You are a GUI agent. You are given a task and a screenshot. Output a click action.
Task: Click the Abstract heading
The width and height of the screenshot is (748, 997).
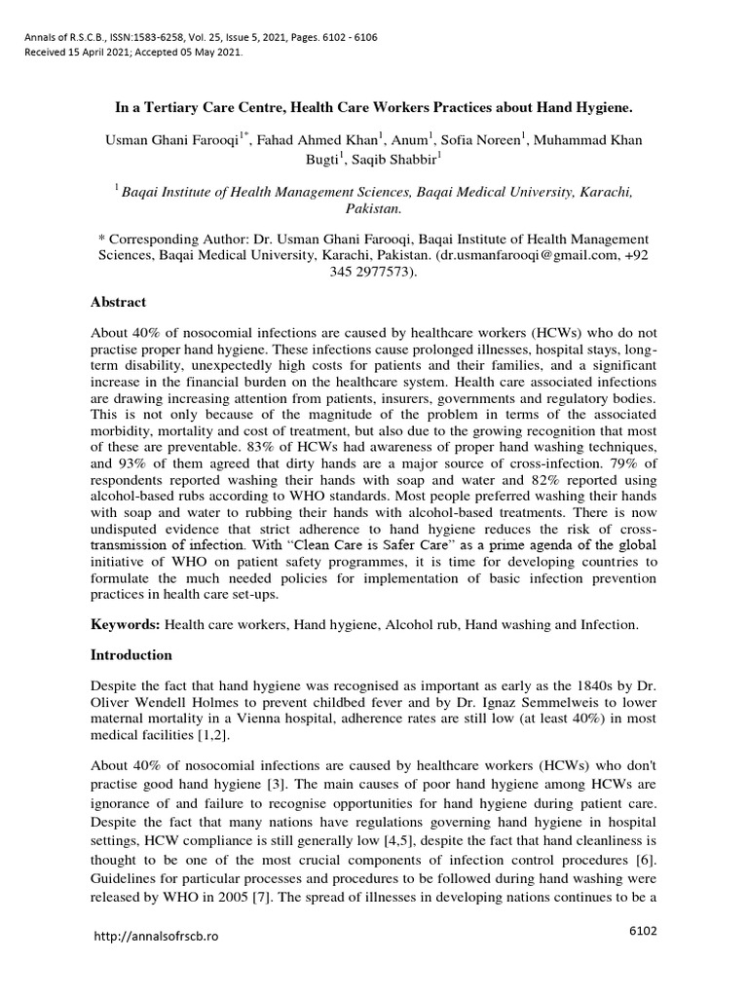coord(118,303)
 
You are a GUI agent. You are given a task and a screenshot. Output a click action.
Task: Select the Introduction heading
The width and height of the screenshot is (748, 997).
coord(131,655)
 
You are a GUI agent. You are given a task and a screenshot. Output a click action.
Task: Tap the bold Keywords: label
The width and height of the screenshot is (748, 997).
coord(126,625)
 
